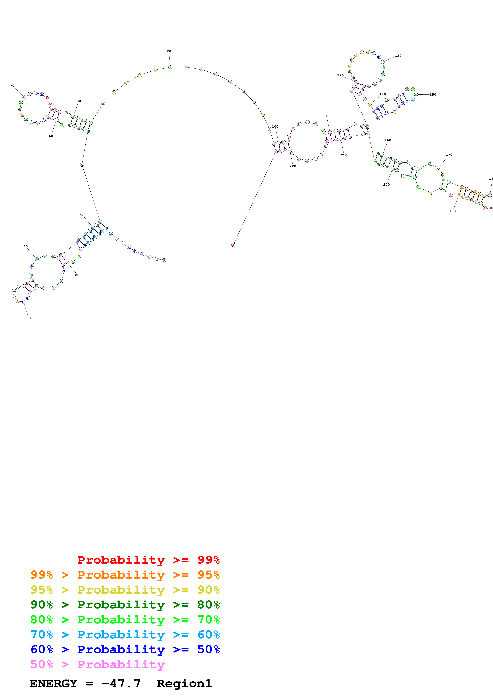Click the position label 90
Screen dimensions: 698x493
pos(169,51)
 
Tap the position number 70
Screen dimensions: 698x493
pos(12,86)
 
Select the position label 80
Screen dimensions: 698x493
pos(79,101)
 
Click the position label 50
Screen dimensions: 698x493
pos(82,215)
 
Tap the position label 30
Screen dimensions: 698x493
pos(29,318)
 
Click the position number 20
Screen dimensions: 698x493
pos(77,275)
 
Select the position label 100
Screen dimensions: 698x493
pos(275,127)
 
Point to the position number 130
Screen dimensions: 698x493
pos(398,56)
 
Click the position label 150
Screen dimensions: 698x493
pos(433,95)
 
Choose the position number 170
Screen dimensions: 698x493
pos(449,155)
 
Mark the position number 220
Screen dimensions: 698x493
pos(293,166)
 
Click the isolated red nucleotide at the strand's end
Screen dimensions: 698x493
pos(233,245)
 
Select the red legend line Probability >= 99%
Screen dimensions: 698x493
pos(148,560)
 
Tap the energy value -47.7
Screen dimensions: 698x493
pos(121,683)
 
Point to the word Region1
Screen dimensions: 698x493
pos(184,683)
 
